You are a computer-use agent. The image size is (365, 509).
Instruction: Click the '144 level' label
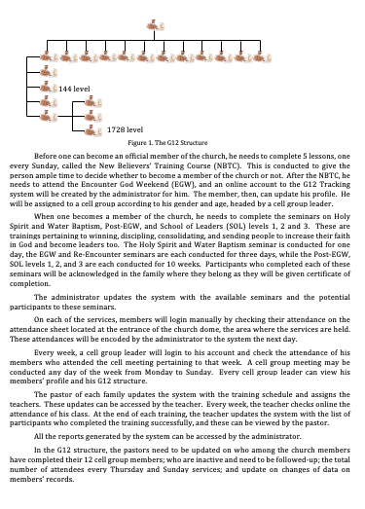pos(75,89)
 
